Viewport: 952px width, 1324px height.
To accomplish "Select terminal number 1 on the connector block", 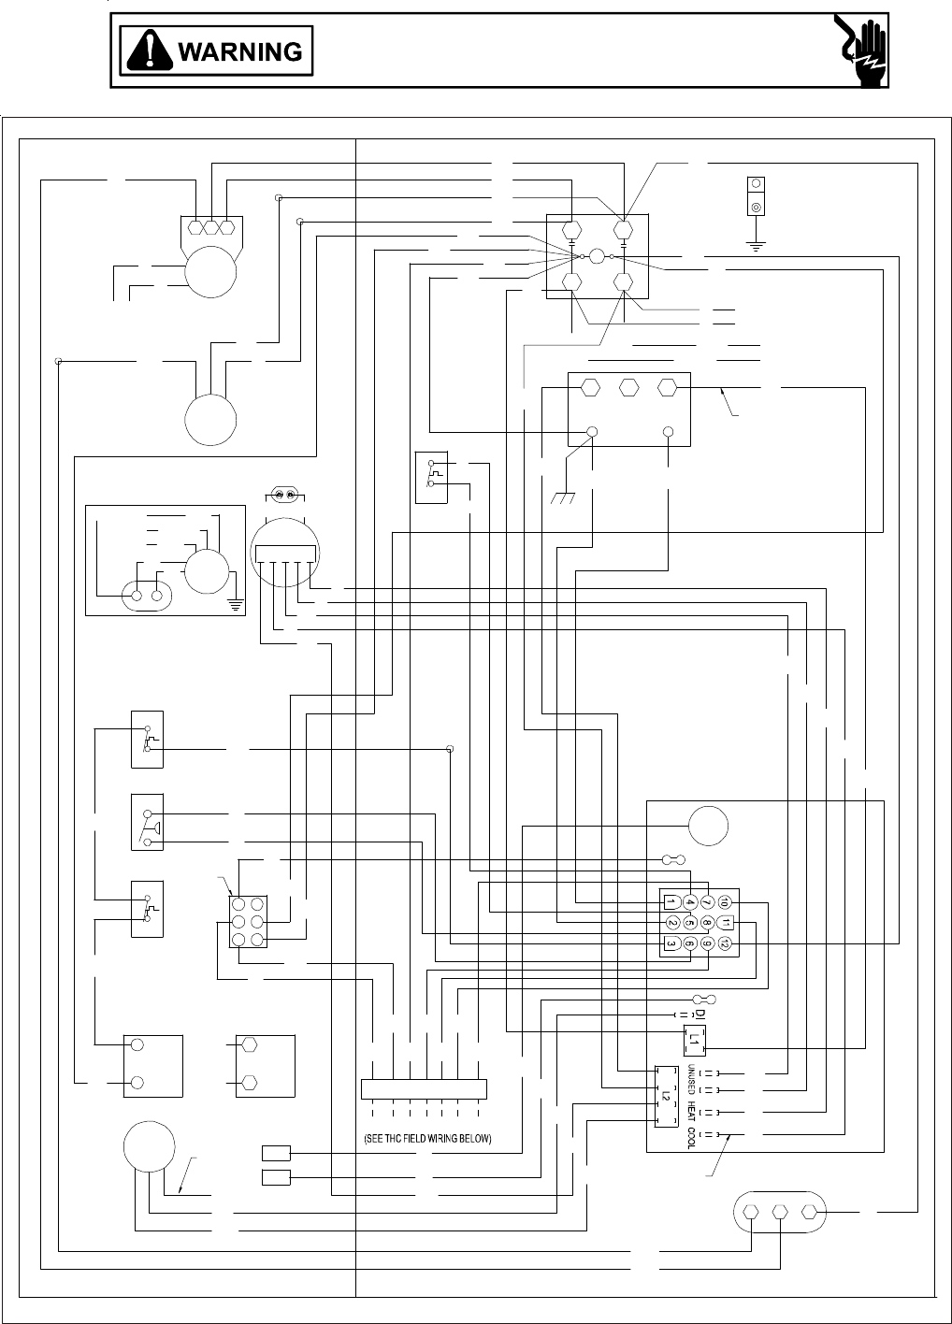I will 671,902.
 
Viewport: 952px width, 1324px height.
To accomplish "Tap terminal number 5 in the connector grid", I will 689,923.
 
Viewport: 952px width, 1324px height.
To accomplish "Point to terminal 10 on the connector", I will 725,902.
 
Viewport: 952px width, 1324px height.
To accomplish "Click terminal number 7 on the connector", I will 707,902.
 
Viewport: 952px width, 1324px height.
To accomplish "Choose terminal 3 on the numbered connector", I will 671,943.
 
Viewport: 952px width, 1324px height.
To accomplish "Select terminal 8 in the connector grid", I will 707,923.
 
